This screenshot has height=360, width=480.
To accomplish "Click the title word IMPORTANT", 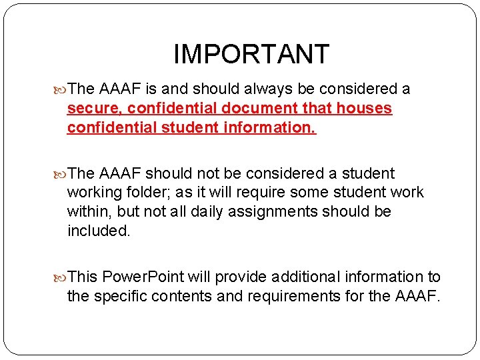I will click(x=251, y=54).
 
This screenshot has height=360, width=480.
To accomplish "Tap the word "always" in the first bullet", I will click(x=268, y=89).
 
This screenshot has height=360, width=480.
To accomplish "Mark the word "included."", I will click(x=99, y=231).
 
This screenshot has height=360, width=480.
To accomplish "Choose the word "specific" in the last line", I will click(x=119, y=296).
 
